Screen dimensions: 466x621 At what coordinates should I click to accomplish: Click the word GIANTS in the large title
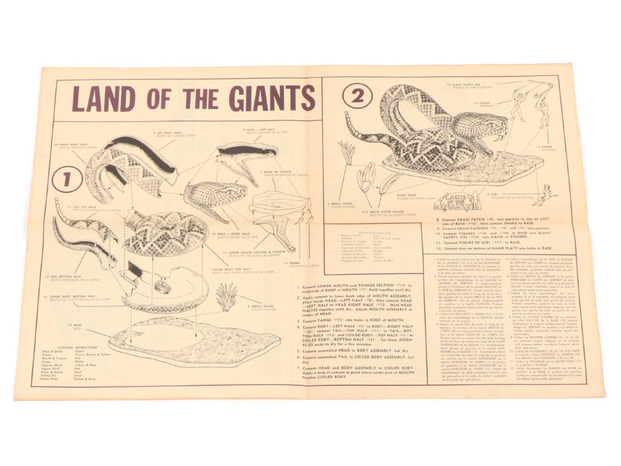click(264, 97)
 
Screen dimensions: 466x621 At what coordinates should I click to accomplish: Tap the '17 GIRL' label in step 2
click(501, 195)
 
